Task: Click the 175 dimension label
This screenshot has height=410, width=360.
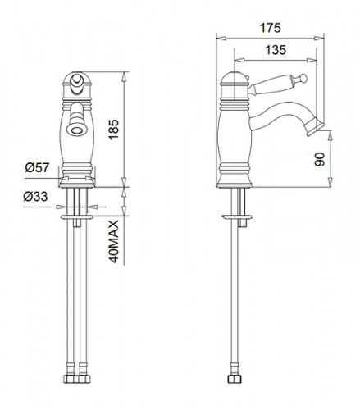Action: coord(270,28)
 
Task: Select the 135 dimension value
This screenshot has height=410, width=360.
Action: coord(276,50)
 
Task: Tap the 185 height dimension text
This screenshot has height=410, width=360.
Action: coord(114,130)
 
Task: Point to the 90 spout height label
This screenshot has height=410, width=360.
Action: coord(320,159)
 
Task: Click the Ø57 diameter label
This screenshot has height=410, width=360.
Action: coord(37,167)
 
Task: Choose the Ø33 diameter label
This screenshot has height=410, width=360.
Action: coord(35,196)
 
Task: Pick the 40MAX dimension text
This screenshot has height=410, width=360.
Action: coord(114,241)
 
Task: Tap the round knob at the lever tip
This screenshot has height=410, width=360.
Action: coord(303,78)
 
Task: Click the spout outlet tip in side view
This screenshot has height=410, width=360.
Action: coord(316,127)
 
